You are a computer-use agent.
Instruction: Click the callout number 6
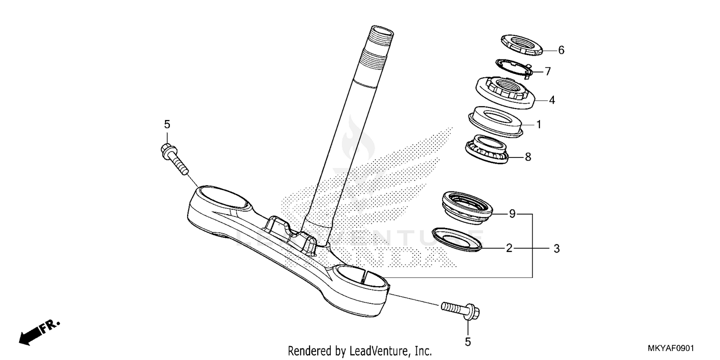(561, 50)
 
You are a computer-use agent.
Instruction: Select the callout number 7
(548, 72)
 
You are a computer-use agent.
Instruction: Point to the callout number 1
(539, 125)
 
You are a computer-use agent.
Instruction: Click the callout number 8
(528, 157)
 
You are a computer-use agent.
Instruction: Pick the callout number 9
(512, 214)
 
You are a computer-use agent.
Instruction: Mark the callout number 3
(556, 249)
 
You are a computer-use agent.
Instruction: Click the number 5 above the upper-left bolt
(167, 124)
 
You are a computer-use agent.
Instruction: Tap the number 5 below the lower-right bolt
(468, 342)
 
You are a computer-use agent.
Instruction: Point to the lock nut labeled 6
(521, 44)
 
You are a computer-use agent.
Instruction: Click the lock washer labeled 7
(513, 67)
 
